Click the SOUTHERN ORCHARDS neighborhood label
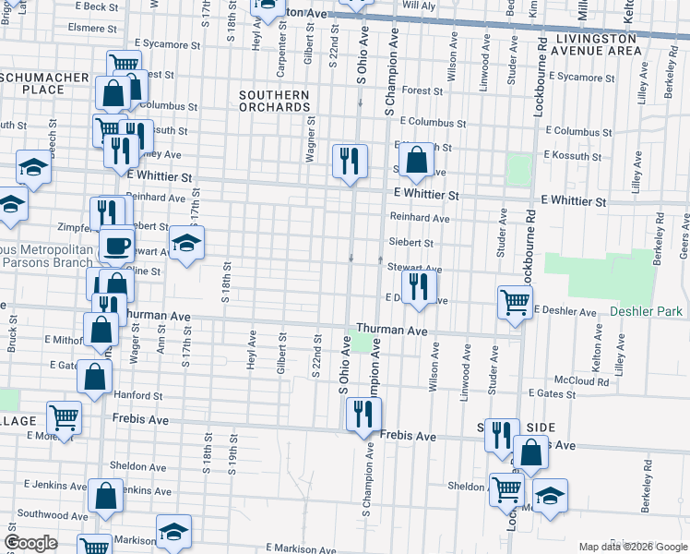(274, 101)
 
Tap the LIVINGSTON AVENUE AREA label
(597, 44)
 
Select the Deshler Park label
(646, 312)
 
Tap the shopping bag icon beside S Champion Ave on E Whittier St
(417, 159)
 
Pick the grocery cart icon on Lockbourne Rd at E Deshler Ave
(514, 300)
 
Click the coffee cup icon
(116, 246)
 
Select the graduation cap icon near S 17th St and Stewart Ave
(185, 245)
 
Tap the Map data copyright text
(631, 547)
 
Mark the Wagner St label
(311, 138)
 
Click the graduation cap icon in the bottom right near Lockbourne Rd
(550, 495)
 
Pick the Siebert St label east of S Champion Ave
(411, 243)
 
